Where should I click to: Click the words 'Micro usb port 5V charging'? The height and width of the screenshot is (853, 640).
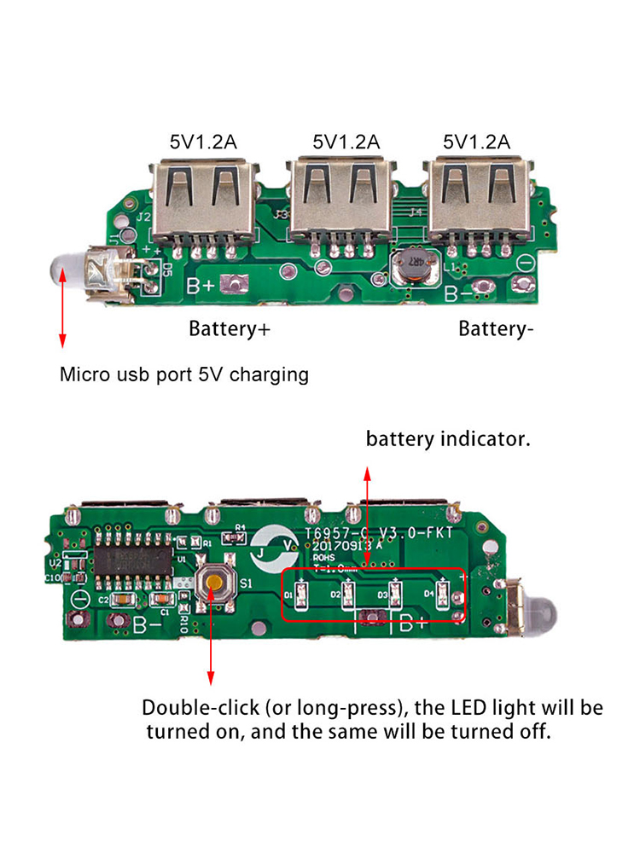[x=184, y=374]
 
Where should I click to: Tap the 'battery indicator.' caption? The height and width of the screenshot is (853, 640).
[x=449, y=440]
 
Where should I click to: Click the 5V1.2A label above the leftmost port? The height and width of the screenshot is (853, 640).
[x=202, y=142]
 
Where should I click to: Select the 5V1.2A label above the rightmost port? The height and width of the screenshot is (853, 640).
[x=477, y=142]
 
